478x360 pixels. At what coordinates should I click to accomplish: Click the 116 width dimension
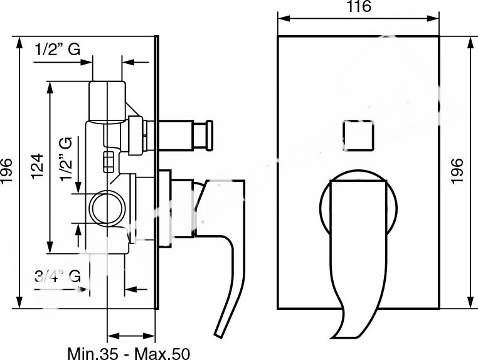[359, 7]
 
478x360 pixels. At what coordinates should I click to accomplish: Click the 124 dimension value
[38, 166]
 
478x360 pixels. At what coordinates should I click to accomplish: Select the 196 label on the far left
[7, 171]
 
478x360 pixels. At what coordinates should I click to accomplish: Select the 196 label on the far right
[457, 171]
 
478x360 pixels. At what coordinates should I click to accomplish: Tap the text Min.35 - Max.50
[129, 354]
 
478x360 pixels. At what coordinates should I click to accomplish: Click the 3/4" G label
[58, 277]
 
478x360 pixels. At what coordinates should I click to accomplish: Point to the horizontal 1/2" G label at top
[58, 50]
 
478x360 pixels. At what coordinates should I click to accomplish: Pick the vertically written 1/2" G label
[66, 159]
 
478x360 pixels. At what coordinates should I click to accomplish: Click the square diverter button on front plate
[358, 135]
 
